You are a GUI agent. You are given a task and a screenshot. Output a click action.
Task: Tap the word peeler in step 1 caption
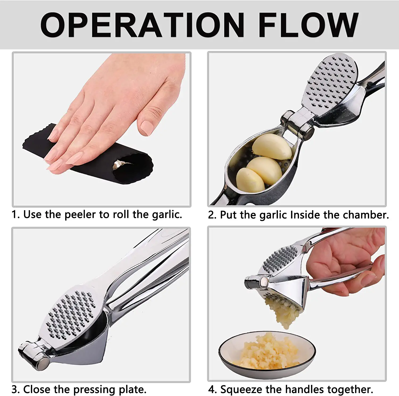(80, 215)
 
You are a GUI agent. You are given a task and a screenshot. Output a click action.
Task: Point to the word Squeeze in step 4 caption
(242, 390)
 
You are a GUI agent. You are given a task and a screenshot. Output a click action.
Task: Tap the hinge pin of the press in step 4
(264, 282)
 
